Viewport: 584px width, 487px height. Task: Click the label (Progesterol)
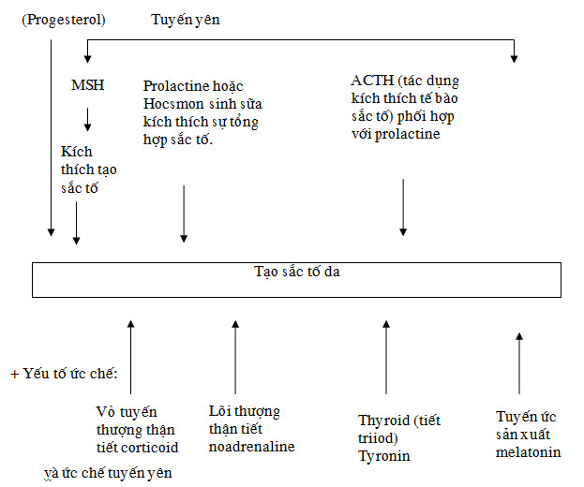64,20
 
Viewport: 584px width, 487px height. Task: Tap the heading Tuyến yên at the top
185,20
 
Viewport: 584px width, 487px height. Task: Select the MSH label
87,85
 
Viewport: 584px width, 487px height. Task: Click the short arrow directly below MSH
87,120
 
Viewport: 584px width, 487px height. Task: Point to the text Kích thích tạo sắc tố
89,170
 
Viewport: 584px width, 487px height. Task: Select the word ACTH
372,81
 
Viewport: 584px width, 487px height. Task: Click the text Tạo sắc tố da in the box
297,272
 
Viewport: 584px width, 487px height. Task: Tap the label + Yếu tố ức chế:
64,374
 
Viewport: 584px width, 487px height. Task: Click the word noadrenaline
252,447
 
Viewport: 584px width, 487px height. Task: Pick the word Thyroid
384,421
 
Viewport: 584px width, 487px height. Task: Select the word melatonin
528,452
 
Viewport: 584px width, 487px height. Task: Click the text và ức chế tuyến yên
108,473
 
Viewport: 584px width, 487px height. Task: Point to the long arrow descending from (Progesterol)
51,138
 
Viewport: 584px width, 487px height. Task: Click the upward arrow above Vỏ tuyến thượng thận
130,357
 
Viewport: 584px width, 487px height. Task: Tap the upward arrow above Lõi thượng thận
235,357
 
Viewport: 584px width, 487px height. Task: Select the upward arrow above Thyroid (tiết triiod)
386,357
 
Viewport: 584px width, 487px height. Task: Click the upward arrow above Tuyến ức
519,363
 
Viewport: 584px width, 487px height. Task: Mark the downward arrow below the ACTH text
403,207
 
